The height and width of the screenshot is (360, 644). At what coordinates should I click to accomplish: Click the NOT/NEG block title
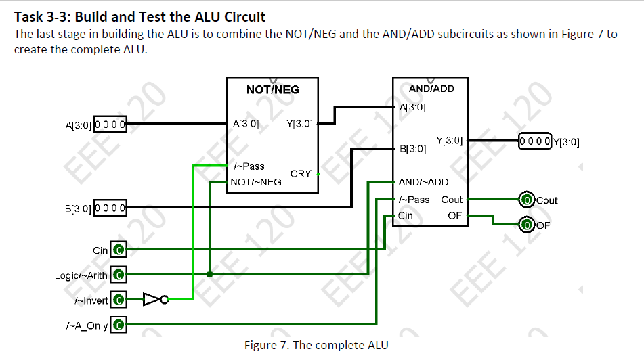(x=273, y=89)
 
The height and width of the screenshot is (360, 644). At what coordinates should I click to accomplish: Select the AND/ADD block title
(x=431, y=89)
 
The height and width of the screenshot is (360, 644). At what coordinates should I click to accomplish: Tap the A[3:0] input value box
(x=111, y=125)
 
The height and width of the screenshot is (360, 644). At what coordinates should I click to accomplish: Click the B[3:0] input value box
(x=111, y=207)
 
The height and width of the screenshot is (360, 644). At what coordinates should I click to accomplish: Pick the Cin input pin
(x=119, y=250)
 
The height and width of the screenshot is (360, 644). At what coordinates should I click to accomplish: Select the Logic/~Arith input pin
(x=119, y=275)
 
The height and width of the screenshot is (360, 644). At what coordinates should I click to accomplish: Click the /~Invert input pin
(x=119, y=298)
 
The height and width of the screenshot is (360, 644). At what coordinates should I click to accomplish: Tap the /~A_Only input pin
(x=119, y=325)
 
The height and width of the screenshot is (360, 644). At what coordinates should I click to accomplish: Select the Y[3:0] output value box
(x=535, y=141)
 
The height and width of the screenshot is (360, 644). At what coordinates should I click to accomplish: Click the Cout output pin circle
(x=526, y=200)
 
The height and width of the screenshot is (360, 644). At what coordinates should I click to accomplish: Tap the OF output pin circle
(x=526, y=224)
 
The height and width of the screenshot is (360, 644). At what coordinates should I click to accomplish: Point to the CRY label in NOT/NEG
(x=301, y=174)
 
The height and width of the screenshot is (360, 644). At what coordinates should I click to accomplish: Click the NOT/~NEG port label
(x=256, y=182)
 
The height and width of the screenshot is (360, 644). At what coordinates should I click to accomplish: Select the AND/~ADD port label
(x=423, y=182)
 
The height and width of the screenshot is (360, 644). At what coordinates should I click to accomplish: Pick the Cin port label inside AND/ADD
(x=406, y=216)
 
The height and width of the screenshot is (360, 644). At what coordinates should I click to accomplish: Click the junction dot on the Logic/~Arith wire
(x=210, y=275)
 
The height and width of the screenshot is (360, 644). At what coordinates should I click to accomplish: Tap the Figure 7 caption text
(x=316, y=346)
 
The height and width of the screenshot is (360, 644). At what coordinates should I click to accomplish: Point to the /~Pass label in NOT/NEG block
(x=249, y=166)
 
